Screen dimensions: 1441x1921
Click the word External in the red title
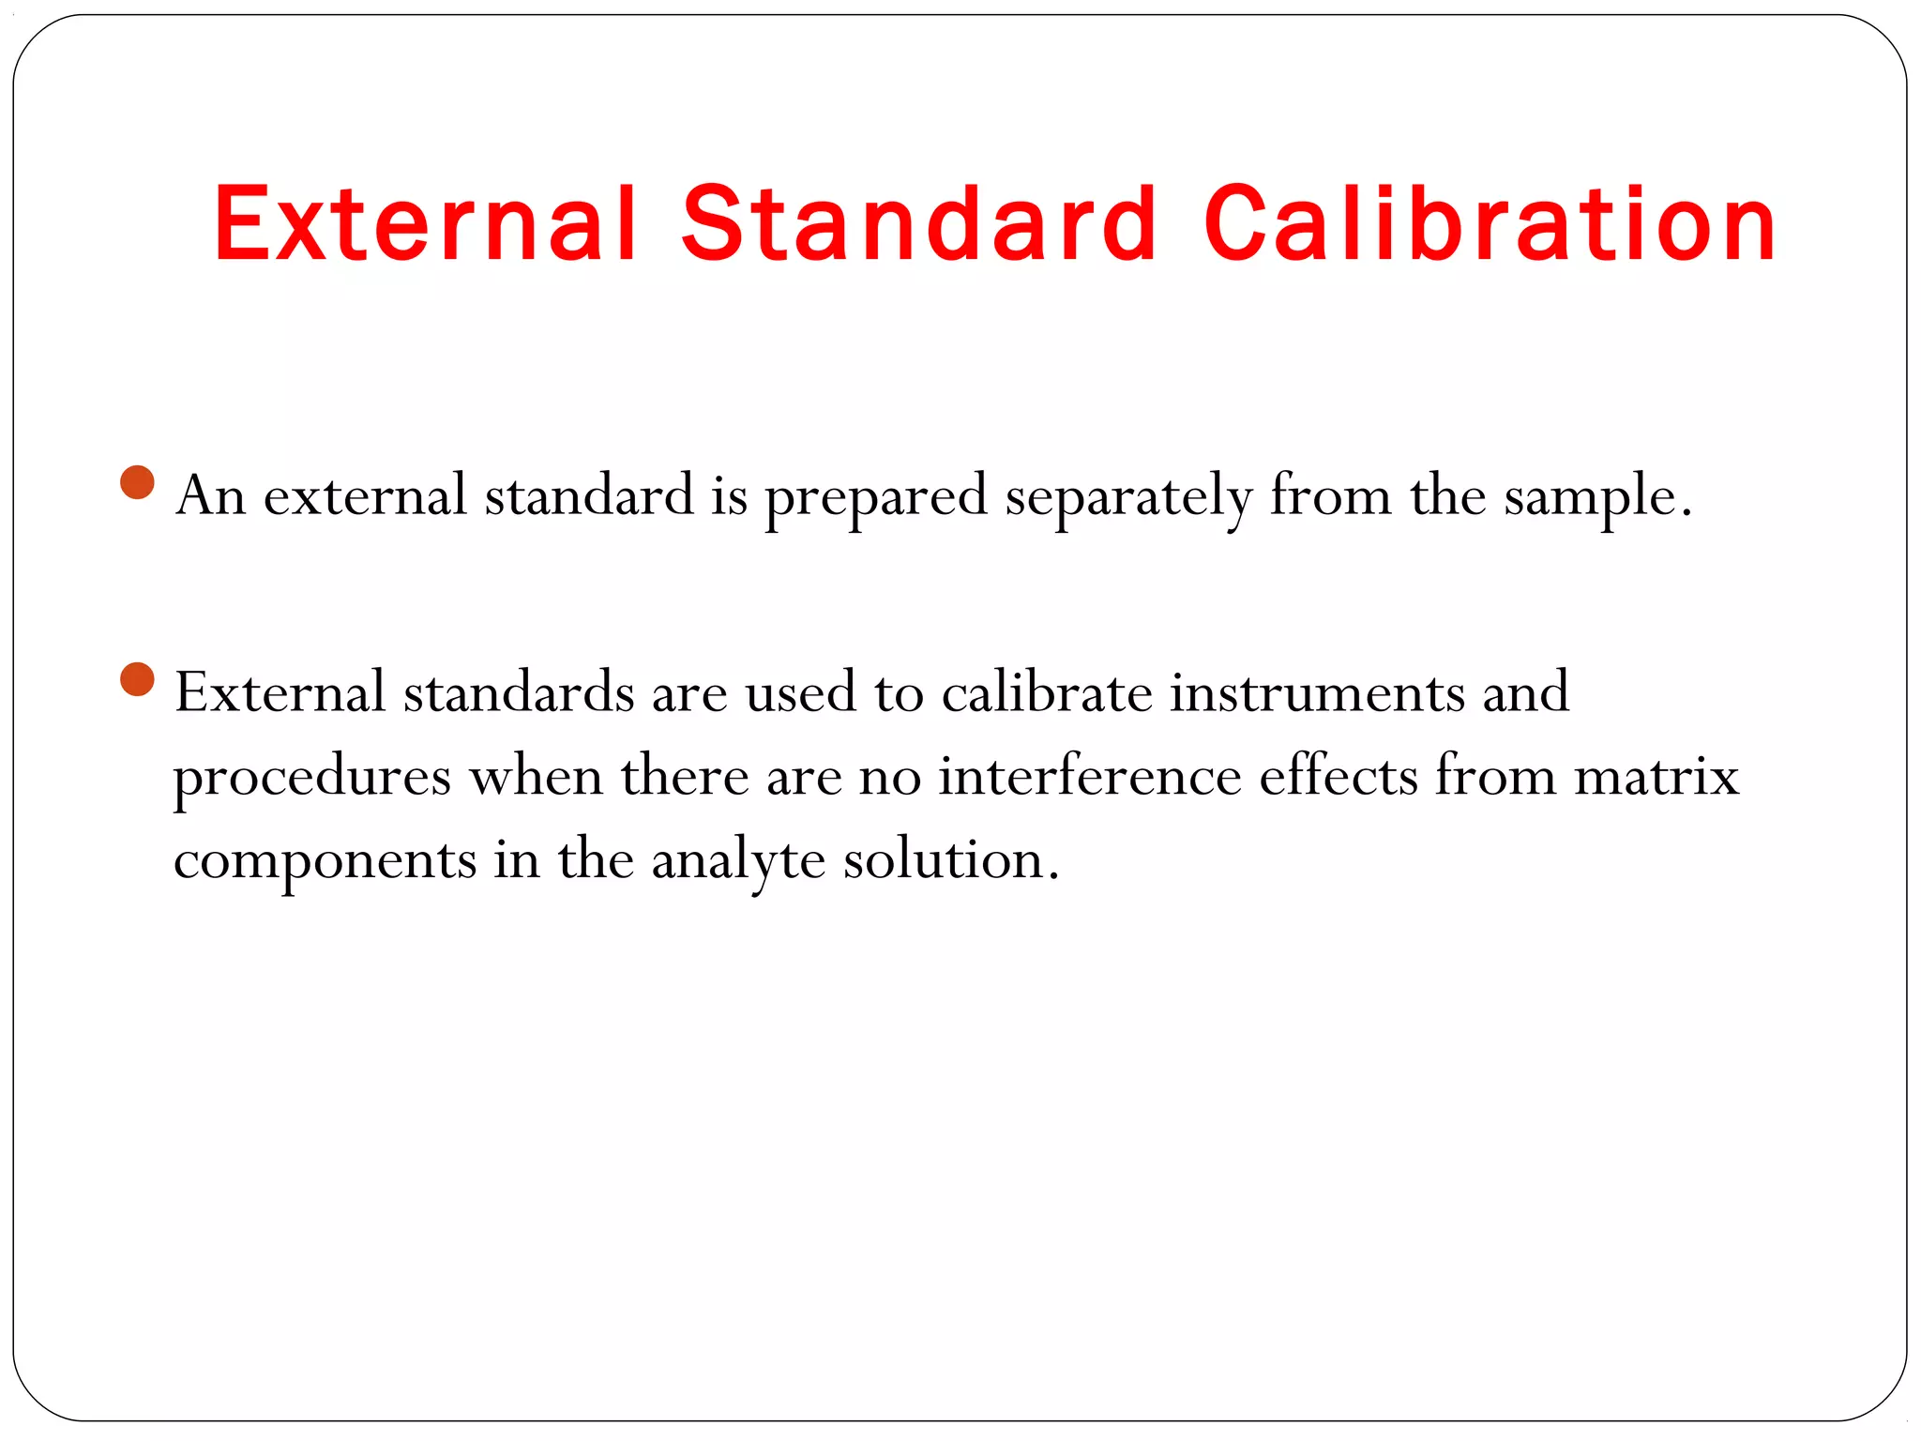426,224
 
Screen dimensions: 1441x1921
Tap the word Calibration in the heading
1490,224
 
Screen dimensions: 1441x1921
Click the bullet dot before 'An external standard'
138,483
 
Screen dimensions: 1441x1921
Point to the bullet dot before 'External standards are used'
138,679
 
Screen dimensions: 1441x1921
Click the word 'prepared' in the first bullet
876,497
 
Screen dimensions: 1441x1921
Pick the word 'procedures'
312,778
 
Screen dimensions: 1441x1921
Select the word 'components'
325,861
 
